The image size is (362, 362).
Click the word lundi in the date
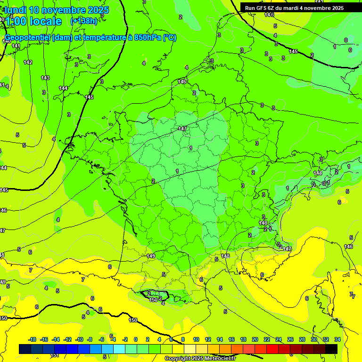(x=16, y=10)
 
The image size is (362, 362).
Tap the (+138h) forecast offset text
(x=83, y=21)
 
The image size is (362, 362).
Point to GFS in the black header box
(x=262, y=8)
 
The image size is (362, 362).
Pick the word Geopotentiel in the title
(x=28, y=38)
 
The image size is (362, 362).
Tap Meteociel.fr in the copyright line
(x=218, y=359)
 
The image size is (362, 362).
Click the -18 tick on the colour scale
(x=32, y=339)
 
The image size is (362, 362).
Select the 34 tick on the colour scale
(x=337, y=339)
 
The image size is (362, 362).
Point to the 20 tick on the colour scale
(x=255, y=339)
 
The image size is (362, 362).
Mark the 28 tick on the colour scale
(x=302, y=339)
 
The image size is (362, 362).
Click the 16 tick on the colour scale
(x=231, y=339)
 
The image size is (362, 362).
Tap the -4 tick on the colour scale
(x=113, y=339)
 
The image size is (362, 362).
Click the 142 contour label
(x=28, y=63)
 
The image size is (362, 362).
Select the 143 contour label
(x=45, y=78)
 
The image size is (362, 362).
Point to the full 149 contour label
(x=151, y=256)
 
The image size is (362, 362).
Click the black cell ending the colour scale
(x=331, y=349)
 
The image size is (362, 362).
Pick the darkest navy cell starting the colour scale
(x=25, y=349)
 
